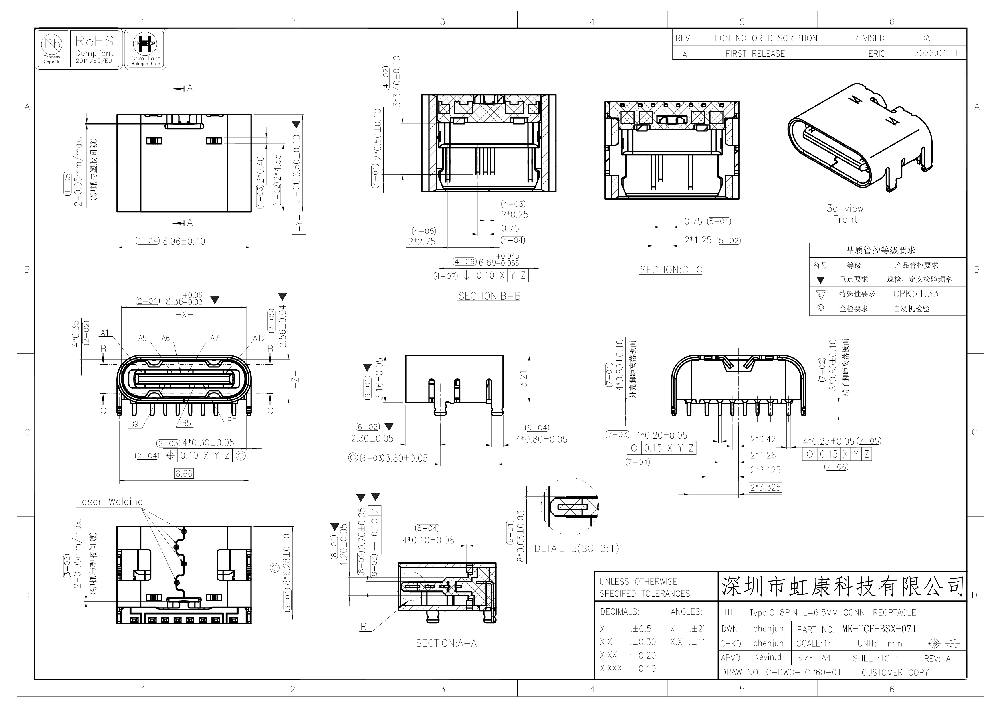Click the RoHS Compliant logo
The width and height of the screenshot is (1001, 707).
pyautogui.click(x=95, y=49)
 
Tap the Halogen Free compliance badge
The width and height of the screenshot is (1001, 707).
pyautogui.click(x=145, y=49)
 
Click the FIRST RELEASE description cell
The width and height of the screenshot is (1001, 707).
pyautogui.click(x=755, y=54)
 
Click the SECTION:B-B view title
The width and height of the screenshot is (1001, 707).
pyautogui.click(x=489, y=296)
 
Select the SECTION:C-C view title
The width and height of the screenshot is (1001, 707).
pyautogui.click(x=671, y=270)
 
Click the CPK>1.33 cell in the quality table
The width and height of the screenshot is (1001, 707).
pyautogui.click(x=916, y=294)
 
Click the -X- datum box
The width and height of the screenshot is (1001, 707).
pyautogui.click(x=184, y=314)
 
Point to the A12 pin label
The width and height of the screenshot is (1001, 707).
pyautogui.click(x=259, y=338)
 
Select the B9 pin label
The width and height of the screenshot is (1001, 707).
pyautogui.click(x=134, y=424)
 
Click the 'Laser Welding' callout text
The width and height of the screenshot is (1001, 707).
pyautogui.click(x=110, y=501)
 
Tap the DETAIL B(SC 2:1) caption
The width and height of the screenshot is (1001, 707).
pyautogui.click(x=577, y=548)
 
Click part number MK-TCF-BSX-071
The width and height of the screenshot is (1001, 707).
pyautogui.click(x=879, y=629)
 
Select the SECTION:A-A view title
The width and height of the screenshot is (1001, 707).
pyautogui.click(x=446, y=643)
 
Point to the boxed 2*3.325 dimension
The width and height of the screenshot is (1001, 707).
pyautogui.click(x=766, y=487)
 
